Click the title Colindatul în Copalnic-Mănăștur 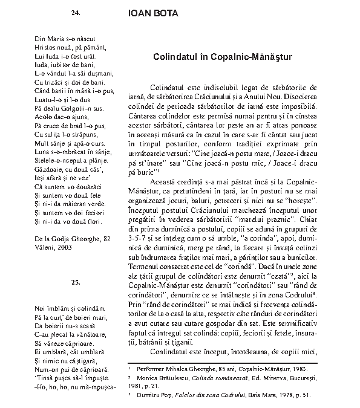223,57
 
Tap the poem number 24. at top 76,12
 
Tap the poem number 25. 76,282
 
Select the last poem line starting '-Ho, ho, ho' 75,387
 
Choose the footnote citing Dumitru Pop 224,395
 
